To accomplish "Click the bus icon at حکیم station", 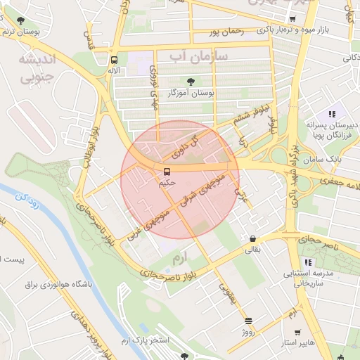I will (167, 172).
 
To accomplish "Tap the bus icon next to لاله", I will (114, 60).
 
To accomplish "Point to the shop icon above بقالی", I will (252, 238).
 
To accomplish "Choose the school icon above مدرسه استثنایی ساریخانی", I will (307, 262).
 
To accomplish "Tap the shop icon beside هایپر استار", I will (297, 332).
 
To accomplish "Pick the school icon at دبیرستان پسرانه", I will (331, 114).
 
